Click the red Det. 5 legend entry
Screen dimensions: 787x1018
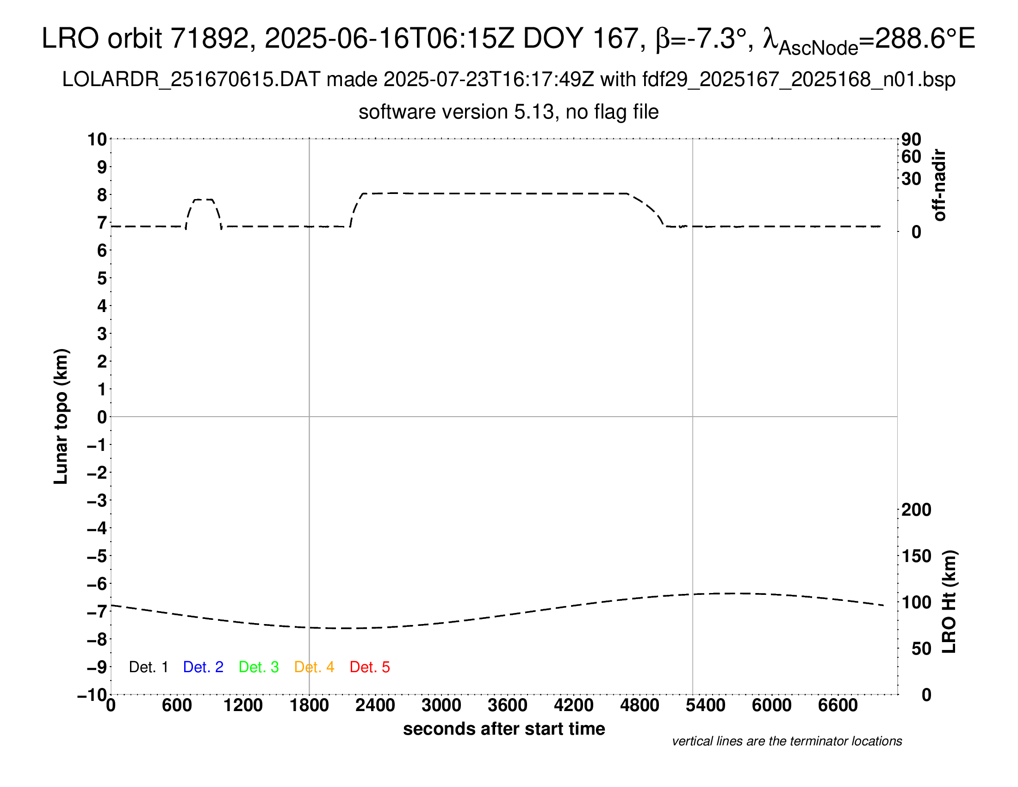(370, 667)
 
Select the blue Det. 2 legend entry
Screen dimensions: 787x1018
(203, 667)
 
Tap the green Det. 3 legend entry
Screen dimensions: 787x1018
(259, 667)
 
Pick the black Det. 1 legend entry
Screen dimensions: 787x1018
(148, 667)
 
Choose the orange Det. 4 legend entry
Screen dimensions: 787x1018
(314, 667)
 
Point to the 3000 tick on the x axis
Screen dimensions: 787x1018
(441, 706)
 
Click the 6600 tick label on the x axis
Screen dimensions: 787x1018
(838, 706)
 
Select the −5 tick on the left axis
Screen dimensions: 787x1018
(98, 556)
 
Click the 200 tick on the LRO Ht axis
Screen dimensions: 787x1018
(916, 510)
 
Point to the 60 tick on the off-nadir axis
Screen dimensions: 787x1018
(911, 156)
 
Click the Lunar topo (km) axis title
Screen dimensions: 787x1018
(61, 416)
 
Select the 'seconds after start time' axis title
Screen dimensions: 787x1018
(504, 729)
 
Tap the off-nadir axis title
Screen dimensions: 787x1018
(940, 185)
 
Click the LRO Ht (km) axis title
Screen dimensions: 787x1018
(949, 602)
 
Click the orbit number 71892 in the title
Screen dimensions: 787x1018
(209, 38)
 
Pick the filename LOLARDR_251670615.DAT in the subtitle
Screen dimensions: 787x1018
(191, 80)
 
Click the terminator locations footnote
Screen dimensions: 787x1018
(787, 741)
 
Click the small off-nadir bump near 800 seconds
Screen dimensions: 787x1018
(203, 200)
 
